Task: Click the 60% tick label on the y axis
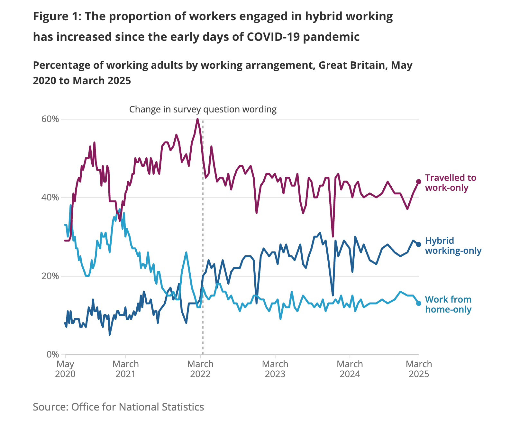(x=50, y=119)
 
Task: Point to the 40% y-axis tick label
(x=50, y=198)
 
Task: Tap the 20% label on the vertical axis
(x=50, y=276)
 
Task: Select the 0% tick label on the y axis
(x=53, y=355)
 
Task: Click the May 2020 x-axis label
(x=65, y=369)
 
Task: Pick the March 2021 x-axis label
(x=126, y=369)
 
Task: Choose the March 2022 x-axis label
(x=200, y=369)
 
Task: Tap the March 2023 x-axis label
(x=275, y=369)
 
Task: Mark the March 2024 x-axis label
(x=350, y=369)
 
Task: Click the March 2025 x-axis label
(x=419, y=369)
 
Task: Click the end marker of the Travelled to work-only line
(x=419, y=182)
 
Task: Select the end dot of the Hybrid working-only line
(x=419, y=244)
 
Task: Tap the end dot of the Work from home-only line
(x=419, y=303)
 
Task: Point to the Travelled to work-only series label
(x=450, y=182)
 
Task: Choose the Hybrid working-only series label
(x=453, y=245)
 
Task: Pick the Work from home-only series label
(x=448, y=304)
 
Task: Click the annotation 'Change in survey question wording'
(x=203, y=110)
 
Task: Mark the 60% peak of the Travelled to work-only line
(x=197, y=119)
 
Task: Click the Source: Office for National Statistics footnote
(x=118, y=407)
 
